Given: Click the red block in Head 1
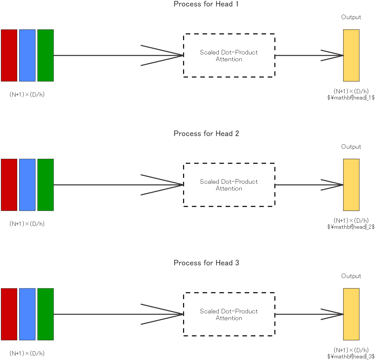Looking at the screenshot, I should [9, 55].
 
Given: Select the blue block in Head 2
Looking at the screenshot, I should [27, 185].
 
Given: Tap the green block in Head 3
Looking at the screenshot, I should [45, 314].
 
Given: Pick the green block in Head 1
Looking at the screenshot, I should [45, 55].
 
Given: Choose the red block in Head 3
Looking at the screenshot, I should [9, 314].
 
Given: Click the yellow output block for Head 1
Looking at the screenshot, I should [351, 55].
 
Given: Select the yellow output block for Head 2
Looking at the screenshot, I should [351, 185].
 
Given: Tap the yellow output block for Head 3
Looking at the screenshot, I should [351, 314].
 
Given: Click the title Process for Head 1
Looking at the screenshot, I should [206, 4].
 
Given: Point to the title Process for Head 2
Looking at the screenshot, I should [206, 134].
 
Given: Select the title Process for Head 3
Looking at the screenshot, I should [206, 263].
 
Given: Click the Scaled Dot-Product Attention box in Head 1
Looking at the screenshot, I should [229, 55].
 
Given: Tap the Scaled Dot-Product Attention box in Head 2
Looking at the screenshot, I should [229, 185].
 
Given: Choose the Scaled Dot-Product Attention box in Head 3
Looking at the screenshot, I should [229, 314].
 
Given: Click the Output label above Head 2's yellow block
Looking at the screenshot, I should [351, 147].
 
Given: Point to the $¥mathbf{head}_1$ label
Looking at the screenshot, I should [351, 98].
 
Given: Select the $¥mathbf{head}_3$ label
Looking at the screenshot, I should [351, 356].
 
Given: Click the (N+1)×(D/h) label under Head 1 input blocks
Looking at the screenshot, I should [27, 95].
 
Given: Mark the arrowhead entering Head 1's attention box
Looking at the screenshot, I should [169, 55].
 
